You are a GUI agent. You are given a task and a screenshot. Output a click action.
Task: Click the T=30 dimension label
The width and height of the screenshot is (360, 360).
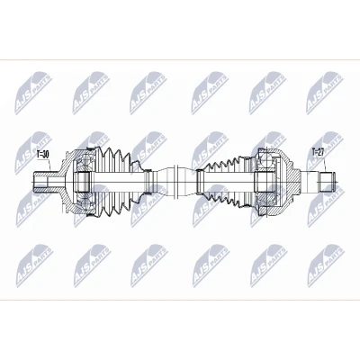coord(42,155)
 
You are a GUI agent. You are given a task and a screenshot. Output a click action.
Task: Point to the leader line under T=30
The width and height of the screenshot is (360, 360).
coord(50,165)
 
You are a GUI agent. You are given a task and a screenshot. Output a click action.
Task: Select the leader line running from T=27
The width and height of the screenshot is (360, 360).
coord(326,163)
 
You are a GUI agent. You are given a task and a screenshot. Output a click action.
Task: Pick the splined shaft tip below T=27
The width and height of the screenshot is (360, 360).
coord(327,182)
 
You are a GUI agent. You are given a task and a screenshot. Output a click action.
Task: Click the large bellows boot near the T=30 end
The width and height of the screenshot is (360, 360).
coord(117,182)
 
